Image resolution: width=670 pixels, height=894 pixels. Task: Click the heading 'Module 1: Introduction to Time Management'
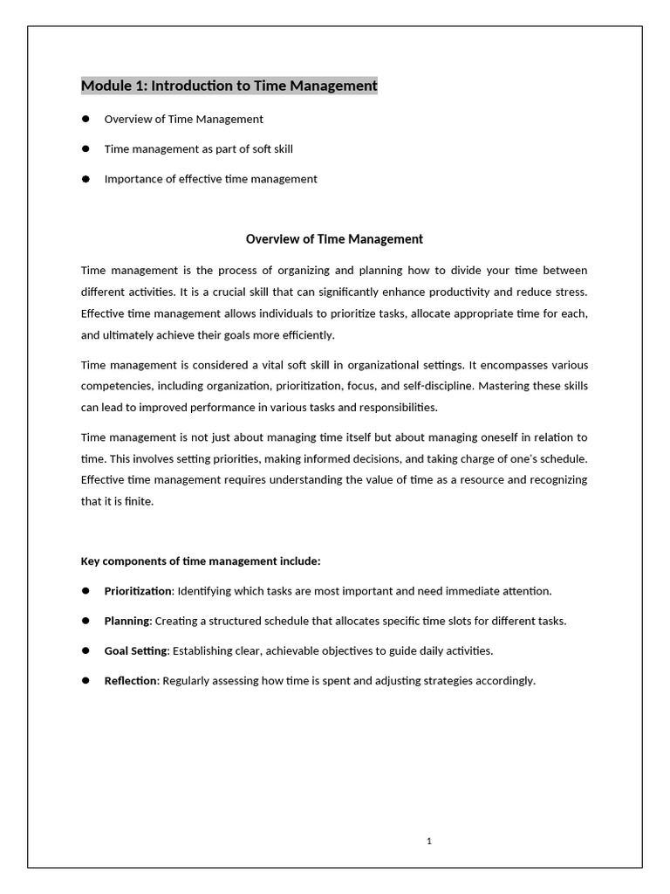(x=229, y=86)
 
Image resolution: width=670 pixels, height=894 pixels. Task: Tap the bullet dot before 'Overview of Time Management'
(x=86, y=119)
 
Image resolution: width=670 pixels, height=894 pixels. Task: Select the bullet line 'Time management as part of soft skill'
(x=198, y=148)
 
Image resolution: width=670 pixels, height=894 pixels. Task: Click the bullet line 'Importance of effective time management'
(x=210, y=179)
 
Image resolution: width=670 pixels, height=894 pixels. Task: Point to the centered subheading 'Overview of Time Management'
(x=334, y=238)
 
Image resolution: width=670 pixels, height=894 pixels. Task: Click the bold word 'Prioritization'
(x=138, y=591)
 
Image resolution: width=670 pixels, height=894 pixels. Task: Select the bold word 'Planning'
(x=127, y=621)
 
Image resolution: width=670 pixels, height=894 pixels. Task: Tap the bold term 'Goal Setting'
(x=135, y=650)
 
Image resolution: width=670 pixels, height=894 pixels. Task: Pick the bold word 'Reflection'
(x=130, y=680)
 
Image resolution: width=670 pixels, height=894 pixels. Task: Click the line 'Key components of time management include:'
(x=201, y=560)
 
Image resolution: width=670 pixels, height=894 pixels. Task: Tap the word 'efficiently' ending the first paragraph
(x=305, y=334)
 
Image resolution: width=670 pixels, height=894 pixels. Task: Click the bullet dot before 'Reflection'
(x=86, y=680)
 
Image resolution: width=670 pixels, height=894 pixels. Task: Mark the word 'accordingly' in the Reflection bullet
(x=503, y=680)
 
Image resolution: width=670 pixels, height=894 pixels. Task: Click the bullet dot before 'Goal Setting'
(x=86, y=650)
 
